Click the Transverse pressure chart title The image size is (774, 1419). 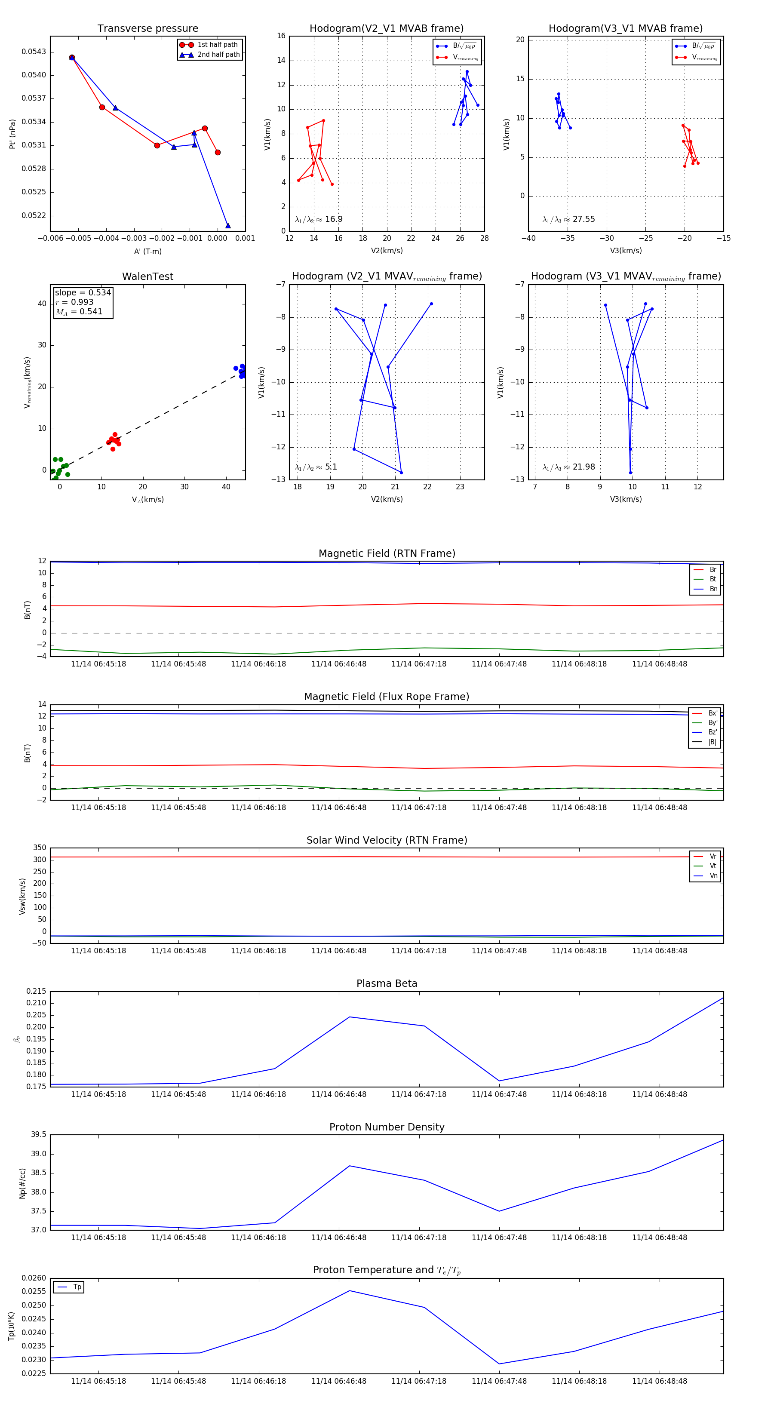[x=147, y=29]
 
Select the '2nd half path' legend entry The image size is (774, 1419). [x=218, y=55]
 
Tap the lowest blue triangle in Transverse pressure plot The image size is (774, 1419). [x=228, y=225]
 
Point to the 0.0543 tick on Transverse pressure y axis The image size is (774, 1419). [x=34, y=52]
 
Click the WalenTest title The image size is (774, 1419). [x=147, y=276]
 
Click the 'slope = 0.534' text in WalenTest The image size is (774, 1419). [x=83, y=292]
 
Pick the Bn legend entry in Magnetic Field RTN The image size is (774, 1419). [x=713, y=589]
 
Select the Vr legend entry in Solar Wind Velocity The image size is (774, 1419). [x=713, y=857]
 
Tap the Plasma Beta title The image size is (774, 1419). [x=387, y=983]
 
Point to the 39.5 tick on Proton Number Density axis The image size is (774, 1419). [x=39, y=1135]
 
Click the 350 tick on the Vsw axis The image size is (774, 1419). [x=40, y=848]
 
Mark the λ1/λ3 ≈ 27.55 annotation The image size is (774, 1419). [x=568, y=219]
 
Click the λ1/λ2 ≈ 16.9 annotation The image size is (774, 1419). [x=318, y=219]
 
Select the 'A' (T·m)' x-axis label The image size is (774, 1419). [x=147, y=251]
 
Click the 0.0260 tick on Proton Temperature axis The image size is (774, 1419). [x=34, y=1278]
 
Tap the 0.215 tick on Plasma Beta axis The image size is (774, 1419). [x=36, y=991]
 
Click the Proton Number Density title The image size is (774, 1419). [x=387, y=1127]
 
